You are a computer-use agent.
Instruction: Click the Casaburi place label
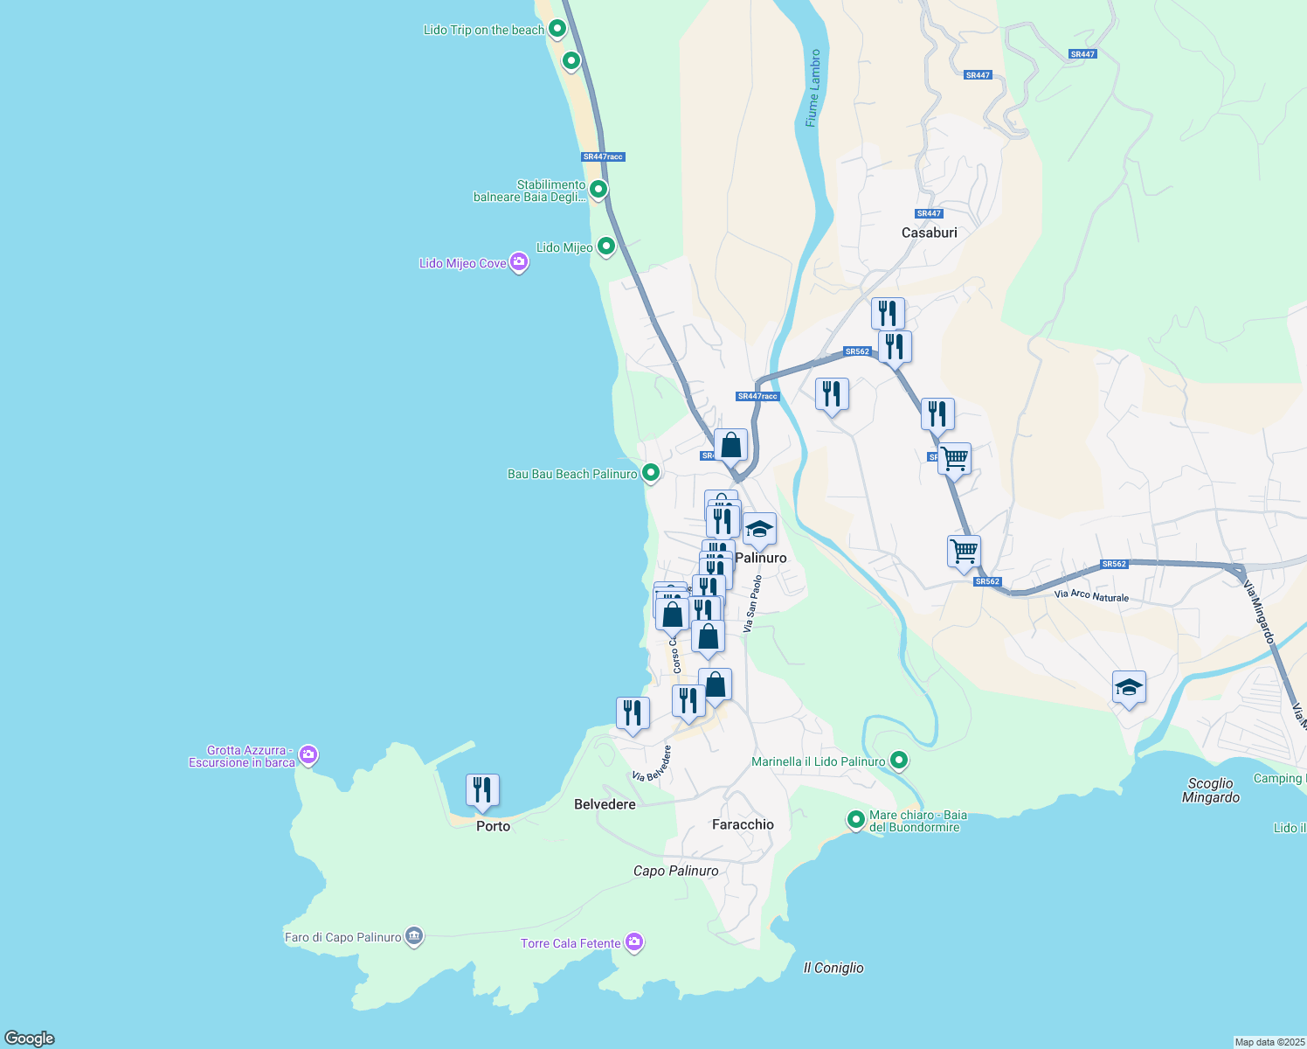pyautogui.click(x=929, y=233)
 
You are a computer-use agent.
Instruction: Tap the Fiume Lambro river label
pyautogui.click(x=813, y=88)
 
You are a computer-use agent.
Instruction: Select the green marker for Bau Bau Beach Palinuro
pyautogui.click(x=650, y=473)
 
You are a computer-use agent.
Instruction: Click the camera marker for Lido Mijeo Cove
pyautogui.click(x=519, y=262)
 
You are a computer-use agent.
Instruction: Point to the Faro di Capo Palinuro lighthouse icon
pyautogui.click(x=414, y=936)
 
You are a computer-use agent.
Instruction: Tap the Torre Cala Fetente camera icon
pyautogui.click(x=634, y=942)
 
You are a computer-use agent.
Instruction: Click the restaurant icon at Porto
pyautogui.click(x=482, y=790)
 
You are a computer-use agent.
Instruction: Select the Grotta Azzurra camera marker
pyautogui.click(x=308, y=754)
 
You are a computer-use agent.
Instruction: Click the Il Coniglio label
pyautogui.click(x=833, y=968)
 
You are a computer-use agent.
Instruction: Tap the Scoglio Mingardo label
pyautogui.click(x=1210, y=790)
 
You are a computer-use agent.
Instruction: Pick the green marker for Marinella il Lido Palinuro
pyautogui.click(x=899, y=761)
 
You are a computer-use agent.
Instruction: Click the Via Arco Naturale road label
pyautogui.click(x=1091, y=596)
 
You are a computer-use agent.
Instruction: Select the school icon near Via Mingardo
pyautogui.click(x=1129, y=688)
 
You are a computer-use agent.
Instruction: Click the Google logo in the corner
pyautogui.click(x=30, y=1038)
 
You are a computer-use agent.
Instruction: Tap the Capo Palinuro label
pyautogui.click(x=675, y=871)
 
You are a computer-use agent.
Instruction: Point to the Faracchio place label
pyautogui.click(x=743, y=824)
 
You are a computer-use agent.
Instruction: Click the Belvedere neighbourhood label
pyautogui.click(x=605, y=804)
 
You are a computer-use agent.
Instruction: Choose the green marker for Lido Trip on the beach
pyautogui.click(x=557, y=30)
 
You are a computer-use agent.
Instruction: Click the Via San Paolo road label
pyautogui.click(x=752, y=603)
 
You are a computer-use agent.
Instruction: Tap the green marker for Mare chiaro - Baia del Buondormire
pyautogui.click(x=855, y=820)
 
